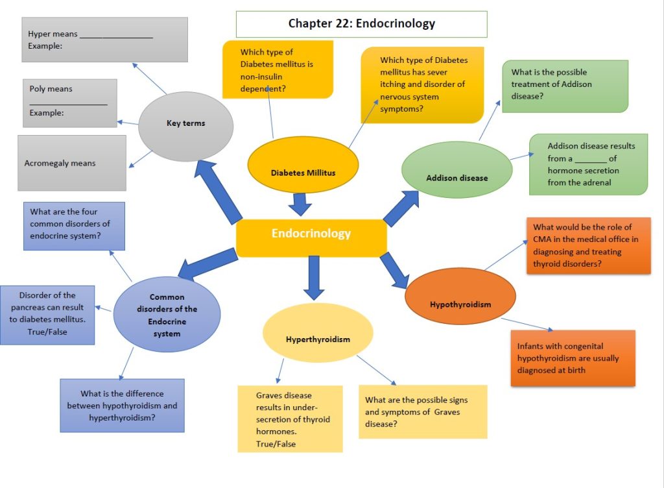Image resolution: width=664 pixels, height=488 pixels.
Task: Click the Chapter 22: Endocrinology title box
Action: click(361, 24)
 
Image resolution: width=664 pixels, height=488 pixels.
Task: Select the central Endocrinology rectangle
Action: click(311, 234)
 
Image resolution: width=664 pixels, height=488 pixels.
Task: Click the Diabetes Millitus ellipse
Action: click(303, 167)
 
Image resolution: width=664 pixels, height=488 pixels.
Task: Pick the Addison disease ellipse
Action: click(456, 170)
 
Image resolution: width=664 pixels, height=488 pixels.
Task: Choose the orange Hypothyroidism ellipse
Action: click(460, 297)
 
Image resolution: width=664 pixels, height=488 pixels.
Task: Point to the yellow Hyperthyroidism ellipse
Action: click(318, 333)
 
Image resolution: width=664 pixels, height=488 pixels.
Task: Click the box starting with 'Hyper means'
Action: click(104, 40)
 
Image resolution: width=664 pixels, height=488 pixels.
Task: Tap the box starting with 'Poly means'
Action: click(69, 103)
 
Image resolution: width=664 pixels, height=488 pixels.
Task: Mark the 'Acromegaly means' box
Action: click(71, 163)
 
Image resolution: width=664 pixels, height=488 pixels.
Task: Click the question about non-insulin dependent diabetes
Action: click(278, 69)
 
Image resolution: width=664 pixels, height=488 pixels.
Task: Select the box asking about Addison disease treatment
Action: click(564, 86)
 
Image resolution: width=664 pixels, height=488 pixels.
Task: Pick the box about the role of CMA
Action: click(587, 246)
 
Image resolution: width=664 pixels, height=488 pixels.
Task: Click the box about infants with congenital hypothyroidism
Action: click(573, 358)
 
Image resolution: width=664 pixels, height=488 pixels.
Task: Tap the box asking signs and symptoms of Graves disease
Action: click(422, 411)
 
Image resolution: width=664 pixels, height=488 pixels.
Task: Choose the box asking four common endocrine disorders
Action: click(73, 226)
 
